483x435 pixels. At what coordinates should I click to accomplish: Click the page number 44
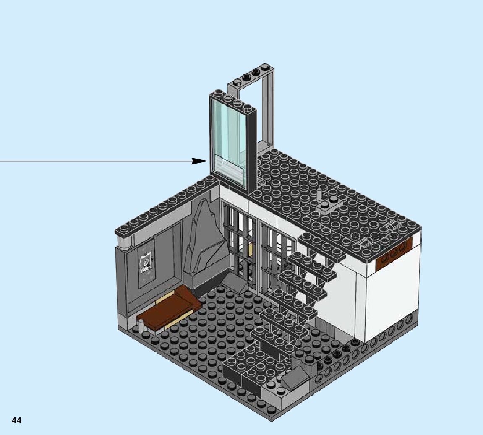click(16, 420)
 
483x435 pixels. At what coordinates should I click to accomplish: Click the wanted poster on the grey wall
click(146, 264)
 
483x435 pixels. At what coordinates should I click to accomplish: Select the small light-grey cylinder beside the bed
click(141, 326)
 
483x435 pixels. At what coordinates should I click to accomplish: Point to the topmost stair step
click(319, 241)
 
